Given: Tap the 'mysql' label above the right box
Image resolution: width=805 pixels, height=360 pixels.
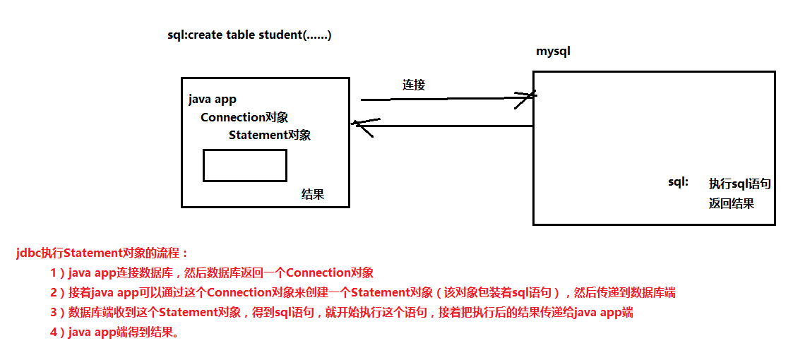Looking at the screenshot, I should (553, 52).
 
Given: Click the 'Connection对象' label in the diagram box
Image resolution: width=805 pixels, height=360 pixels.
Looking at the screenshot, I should (244, 117).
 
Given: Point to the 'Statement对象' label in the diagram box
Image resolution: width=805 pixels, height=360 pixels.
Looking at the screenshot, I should (269, 135).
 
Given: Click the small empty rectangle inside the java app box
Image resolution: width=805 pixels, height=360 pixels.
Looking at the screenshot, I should (244, 165).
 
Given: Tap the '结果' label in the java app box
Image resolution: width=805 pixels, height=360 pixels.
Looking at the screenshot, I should (312, 194).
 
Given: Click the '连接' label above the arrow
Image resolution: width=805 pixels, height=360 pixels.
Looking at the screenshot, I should (414, 85).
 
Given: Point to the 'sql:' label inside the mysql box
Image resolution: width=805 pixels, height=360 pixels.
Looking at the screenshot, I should (678, 182).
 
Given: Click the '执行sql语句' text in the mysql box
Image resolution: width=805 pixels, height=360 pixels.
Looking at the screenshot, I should (739, 184).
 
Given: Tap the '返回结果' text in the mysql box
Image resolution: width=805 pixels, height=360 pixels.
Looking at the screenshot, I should (732, 203).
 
